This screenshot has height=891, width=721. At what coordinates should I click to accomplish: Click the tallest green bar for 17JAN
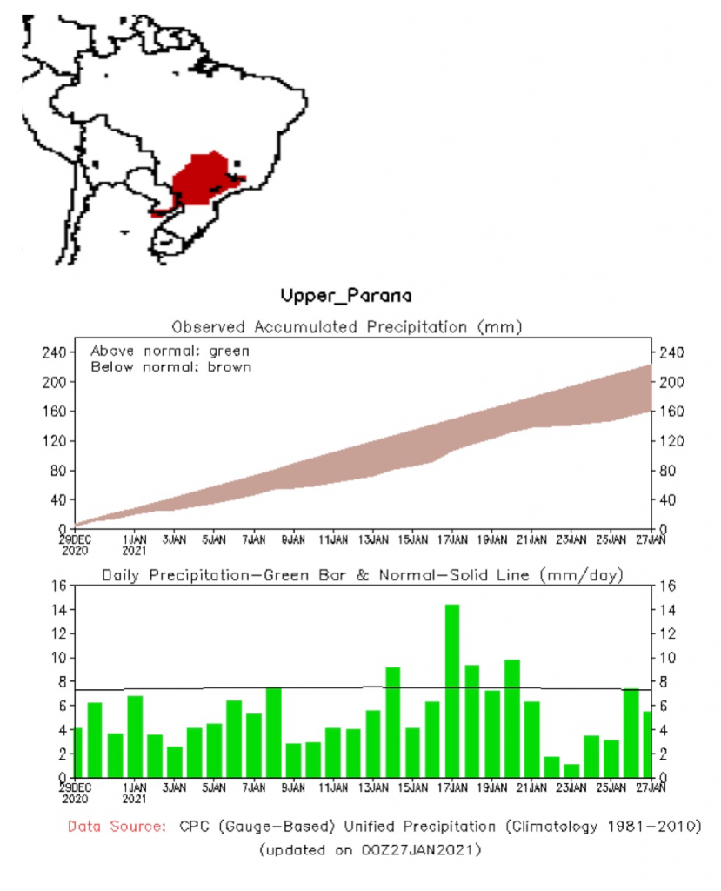click(451, 690)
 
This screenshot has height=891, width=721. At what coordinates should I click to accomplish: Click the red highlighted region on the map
click(203, 178)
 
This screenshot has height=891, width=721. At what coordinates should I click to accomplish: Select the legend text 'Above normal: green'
click(170, 351)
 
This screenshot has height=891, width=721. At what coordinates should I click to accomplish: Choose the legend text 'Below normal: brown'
click(170, 366)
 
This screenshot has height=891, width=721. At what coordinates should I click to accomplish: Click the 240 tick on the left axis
click(57, 352)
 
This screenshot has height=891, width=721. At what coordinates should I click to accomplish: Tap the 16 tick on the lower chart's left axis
click(59, 586)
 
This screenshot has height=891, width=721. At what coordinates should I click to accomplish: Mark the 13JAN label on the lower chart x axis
click(373, 787)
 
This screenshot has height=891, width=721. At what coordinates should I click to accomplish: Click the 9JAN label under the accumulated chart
click(293, 539)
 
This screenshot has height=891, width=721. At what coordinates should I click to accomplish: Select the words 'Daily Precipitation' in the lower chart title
click(180, 574)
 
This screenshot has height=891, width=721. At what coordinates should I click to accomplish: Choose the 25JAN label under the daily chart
click(611, 787)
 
